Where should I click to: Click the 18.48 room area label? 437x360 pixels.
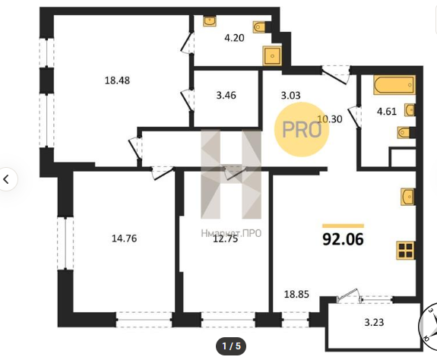click(117, 81)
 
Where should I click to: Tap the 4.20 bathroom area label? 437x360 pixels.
click(234, 37)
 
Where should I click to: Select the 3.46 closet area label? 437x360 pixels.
click(226, 95)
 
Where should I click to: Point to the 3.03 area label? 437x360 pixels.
click(290, 96)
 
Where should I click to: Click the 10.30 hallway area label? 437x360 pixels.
click(330, 119)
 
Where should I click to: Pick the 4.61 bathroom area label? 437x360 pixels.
click(387, 112)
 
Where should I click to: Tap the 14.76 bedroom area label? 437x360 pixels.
click(125, 238)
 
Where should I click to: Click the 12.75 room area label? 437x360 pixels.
click(226, 239)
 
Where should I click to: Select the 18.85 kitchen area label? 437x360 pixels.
click(296, 294)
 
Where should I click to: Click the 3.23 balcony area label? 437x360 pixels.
click(374, 322)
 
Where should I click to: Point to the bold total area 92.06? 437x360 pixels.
click(343, 239)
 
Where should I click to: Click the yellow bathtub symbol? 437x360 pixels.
click(394, 85)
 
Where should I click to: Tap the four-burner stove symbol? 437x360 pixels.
click(406, 251)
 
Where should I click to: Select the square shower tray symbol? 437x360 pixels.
click(272, 56)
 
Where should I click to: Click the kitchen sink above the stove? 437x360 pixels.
click(407, 197)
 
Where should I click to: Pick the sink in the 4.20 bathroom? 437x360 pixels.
click(210, 21)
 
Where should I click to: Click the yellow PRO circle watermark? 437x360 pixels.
click(302, 129)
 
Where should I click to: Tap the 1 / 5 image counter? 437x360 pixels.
click(231, 346)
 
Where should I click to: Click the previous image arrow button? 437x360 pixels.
click(7, 179)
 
